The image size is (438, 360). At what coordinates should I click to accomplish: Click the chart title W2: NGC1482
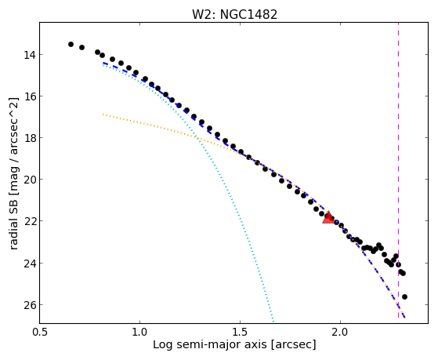(x=234, y=15)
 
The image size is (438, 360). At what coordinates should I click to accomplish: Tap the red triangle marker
(x=328, y=217)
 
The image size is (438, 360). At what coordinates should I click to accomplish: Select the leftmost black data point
(x=71, y=44)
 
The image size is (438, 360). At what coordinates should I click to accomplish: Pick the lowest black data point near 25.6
(x=404, y=296)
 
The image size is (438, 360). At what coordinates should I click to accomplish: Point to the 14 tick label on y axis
(x=30, y=55)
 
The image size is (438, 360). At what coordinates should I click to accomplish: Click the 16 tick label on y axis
(x=30, y=96)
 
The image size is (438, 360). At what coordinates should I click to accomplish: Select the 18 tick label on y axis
(x=30, y=138)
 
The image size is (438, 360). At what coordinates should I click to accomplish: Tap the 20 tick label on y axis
(x=30, y=180)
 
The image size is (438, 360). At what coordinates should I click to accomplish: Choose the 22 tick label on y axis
(x=30, y=221)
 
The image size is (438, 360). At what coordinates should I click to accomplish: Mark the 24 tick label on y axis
(x=30, y=264)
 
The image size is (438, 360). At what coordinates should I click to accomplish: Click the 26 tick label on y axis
(x=30, y=304)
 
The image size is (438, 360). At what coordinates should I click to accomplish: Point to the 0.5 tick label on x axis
(x=40, y=332)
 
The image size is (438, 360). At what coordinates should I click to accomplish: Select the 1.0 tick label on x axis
(x=139, y=332)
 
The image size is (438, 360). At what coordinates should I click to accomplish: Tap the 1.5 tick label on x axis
(x=240, y=332)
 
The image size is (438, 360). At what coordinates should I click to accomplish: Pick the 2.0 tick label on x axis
(x=340, y=332)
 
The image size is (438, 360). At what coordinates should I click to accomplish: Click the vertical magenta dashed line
(x=398, y=170)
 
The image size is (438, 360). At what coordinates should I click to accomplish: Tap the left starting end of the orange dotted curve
(x=103, y=115)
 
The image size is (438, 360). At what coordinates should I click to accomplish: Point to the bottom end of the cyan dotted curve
(x=273, y=322)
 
